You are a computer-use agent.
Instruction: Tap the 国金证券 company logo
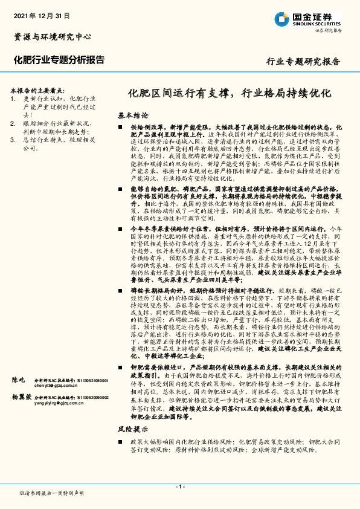click(308, 19)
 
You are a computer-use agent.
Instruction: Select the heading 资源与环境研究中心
click(52, 36)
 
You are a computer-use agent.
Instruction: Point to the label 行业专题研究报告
click(303, 62)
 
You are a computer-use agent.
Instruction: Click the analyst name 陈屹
click(18, 380)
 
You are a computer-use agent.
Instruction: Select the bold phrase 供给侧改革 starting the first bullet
click(145, 128)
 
